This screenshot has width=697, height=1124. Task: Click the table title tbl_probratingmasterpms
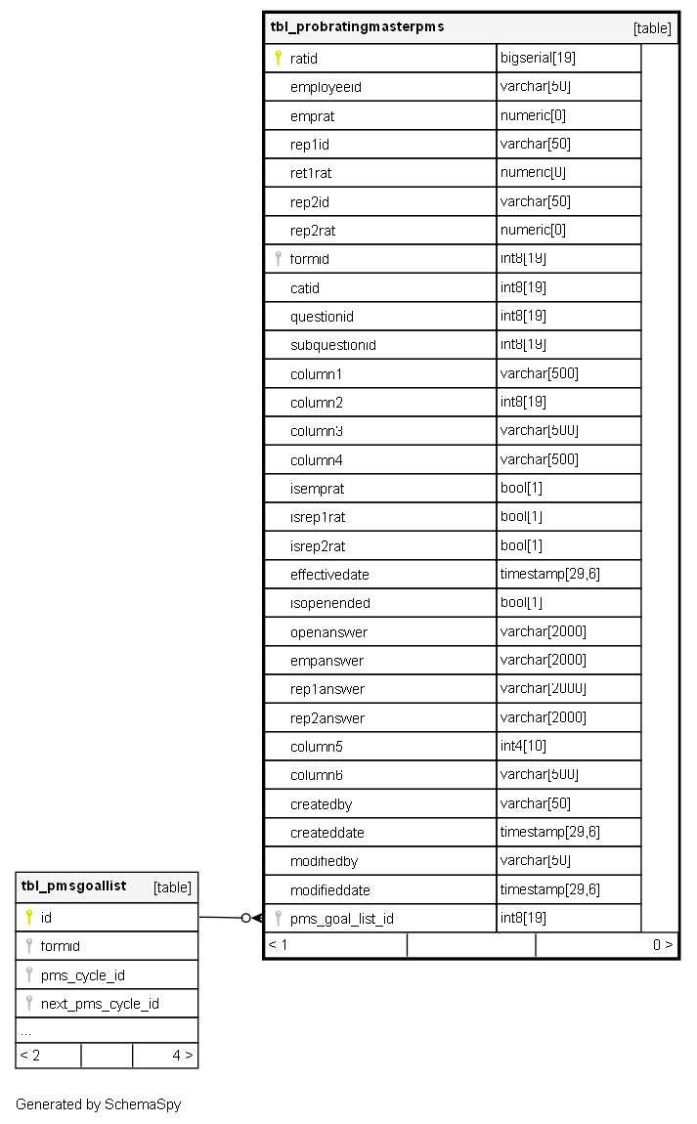click(357, 27)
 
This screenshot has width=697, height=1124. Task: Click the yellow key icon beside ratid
click(278, 58)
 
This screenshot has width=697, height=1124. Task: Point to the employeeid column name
click(326, 87)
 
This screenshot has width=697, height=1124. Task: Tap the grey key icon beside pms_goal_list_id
click(278, 918)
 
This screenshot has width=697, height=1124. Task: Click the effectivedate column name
click(329, 575)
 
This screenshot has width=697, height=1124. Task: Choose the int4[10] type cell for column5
click(523, 747)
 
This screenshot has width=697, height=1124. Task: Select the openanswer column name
click(328, 632)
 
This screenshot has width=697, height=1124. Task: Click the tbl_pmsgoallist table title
click(74, 886)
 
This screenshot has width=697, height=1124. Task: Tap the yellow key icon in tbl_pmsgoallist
click(28, 917)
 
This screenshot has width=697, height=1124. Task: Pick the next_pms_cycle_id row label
click(100, 1004)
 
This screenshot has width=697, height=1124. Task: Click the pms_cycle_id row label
click(83, 975)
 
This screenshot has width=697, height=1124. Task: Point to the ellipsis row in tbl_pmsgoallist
click(25, 1031)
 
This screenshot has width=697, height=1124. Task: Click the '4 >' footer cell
click(182, 1056)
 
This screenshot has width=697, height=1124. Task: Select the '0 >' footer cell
click(662, 945)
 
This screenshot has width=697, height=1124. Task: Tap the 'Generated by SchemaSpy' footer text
click(98, 1104)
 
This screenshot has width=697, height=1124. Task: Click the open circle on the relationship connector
click(245, 918)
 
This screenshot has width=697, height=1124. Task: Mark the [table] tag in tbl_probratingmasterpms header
click(652, 28)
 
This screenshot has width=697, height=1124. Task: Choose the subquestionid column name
click(332, 345)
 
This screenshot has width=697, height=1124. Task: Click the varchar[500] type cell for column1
click(539, 374)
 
